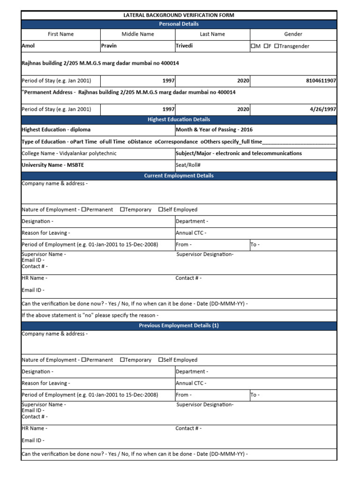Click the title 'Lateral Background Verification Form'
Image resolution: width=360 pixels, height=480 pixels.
[179, 15]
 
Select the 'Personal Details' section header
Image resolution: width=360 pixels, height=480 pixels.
[179, 24]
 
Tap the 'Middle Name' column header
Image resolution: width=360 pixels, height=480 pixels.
[137, 34]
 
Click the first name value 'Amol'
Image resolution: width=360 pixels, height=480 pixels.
[29, 46]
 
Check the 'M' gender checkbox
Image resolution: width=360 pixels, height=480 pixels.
[253, 46]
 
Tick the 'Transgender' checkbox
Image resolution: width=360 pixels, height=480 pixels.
[277, 46]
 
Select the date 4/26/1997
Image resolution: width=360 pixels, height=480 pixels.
[323, 109]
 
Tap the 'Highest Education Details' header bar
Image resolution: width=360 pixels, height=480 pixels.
[179, 120]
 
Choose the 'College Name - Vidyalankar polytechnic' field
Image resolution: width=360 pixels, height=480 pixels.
[69, 153]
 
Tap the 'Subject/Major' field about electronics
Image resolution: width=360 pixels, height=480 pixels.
[239, 153]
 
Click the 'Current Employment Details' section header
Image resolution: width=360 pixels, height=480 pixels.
[179, 176]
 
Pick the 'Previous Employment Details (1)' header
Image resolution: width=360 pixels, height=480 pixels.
[179, 326]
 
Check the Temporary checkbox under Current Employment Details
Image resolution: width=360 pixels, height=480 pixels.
[122, 210]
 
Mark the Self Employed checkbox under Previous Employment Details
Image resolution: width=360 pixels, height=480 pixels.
[161, 360]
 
